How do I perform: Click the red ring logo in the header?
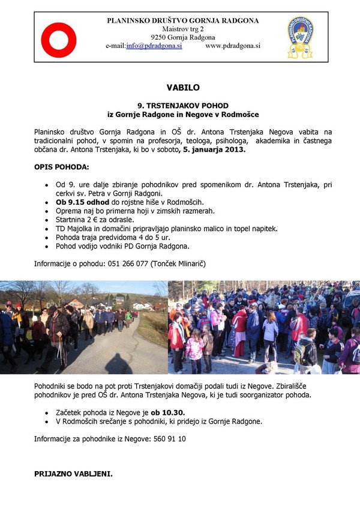(x=58, y=40)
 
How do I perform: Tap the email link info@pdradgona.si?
(x=154, y=46)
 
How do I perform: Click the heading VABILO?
(x=180, y=88)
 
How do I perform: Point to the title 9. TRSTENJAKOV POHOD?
(x=180, y=105)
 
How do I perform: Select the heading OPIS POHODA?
(x=62, y=166)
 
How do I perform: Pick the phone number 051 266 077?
(x=127, y=263)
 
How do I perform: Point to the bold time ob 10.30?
(x=167, y=413)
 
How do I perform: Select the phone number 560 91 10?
(x=170, y=439)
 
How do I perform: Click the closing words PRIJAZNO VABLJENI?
(x=73, y=474)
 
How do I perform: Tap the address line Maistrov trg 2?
(x=183, y=29)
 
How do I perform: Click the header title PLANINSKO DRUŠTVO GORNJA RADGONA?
(x=183, y=20)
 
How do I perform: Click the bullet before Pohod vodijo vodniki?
(x=47, y=247)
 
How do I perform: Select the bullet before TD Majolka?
(x=47, y=229)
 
